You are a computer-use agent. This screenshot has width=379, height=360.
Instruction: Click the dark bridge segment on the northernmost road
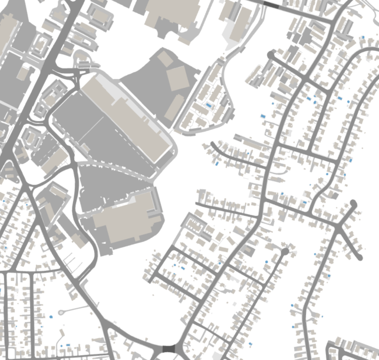271,4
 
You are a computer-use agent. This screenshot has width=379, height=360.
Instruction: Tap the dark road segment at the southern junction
168,351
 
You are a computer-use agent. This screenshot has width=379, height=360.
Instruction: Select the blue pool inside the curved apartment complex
209,104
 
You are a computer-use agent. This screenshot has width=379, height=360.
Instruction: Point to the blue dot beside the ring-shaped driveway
52,317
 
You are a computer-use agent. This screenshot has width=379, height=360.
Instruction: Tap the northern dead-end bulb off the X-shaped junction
353,204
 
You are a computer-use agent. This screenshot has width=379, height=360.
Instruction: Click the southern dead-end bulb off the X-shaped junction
359,257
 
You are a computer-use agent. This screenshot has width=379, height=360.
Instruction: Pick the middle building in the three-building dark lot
177,78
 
